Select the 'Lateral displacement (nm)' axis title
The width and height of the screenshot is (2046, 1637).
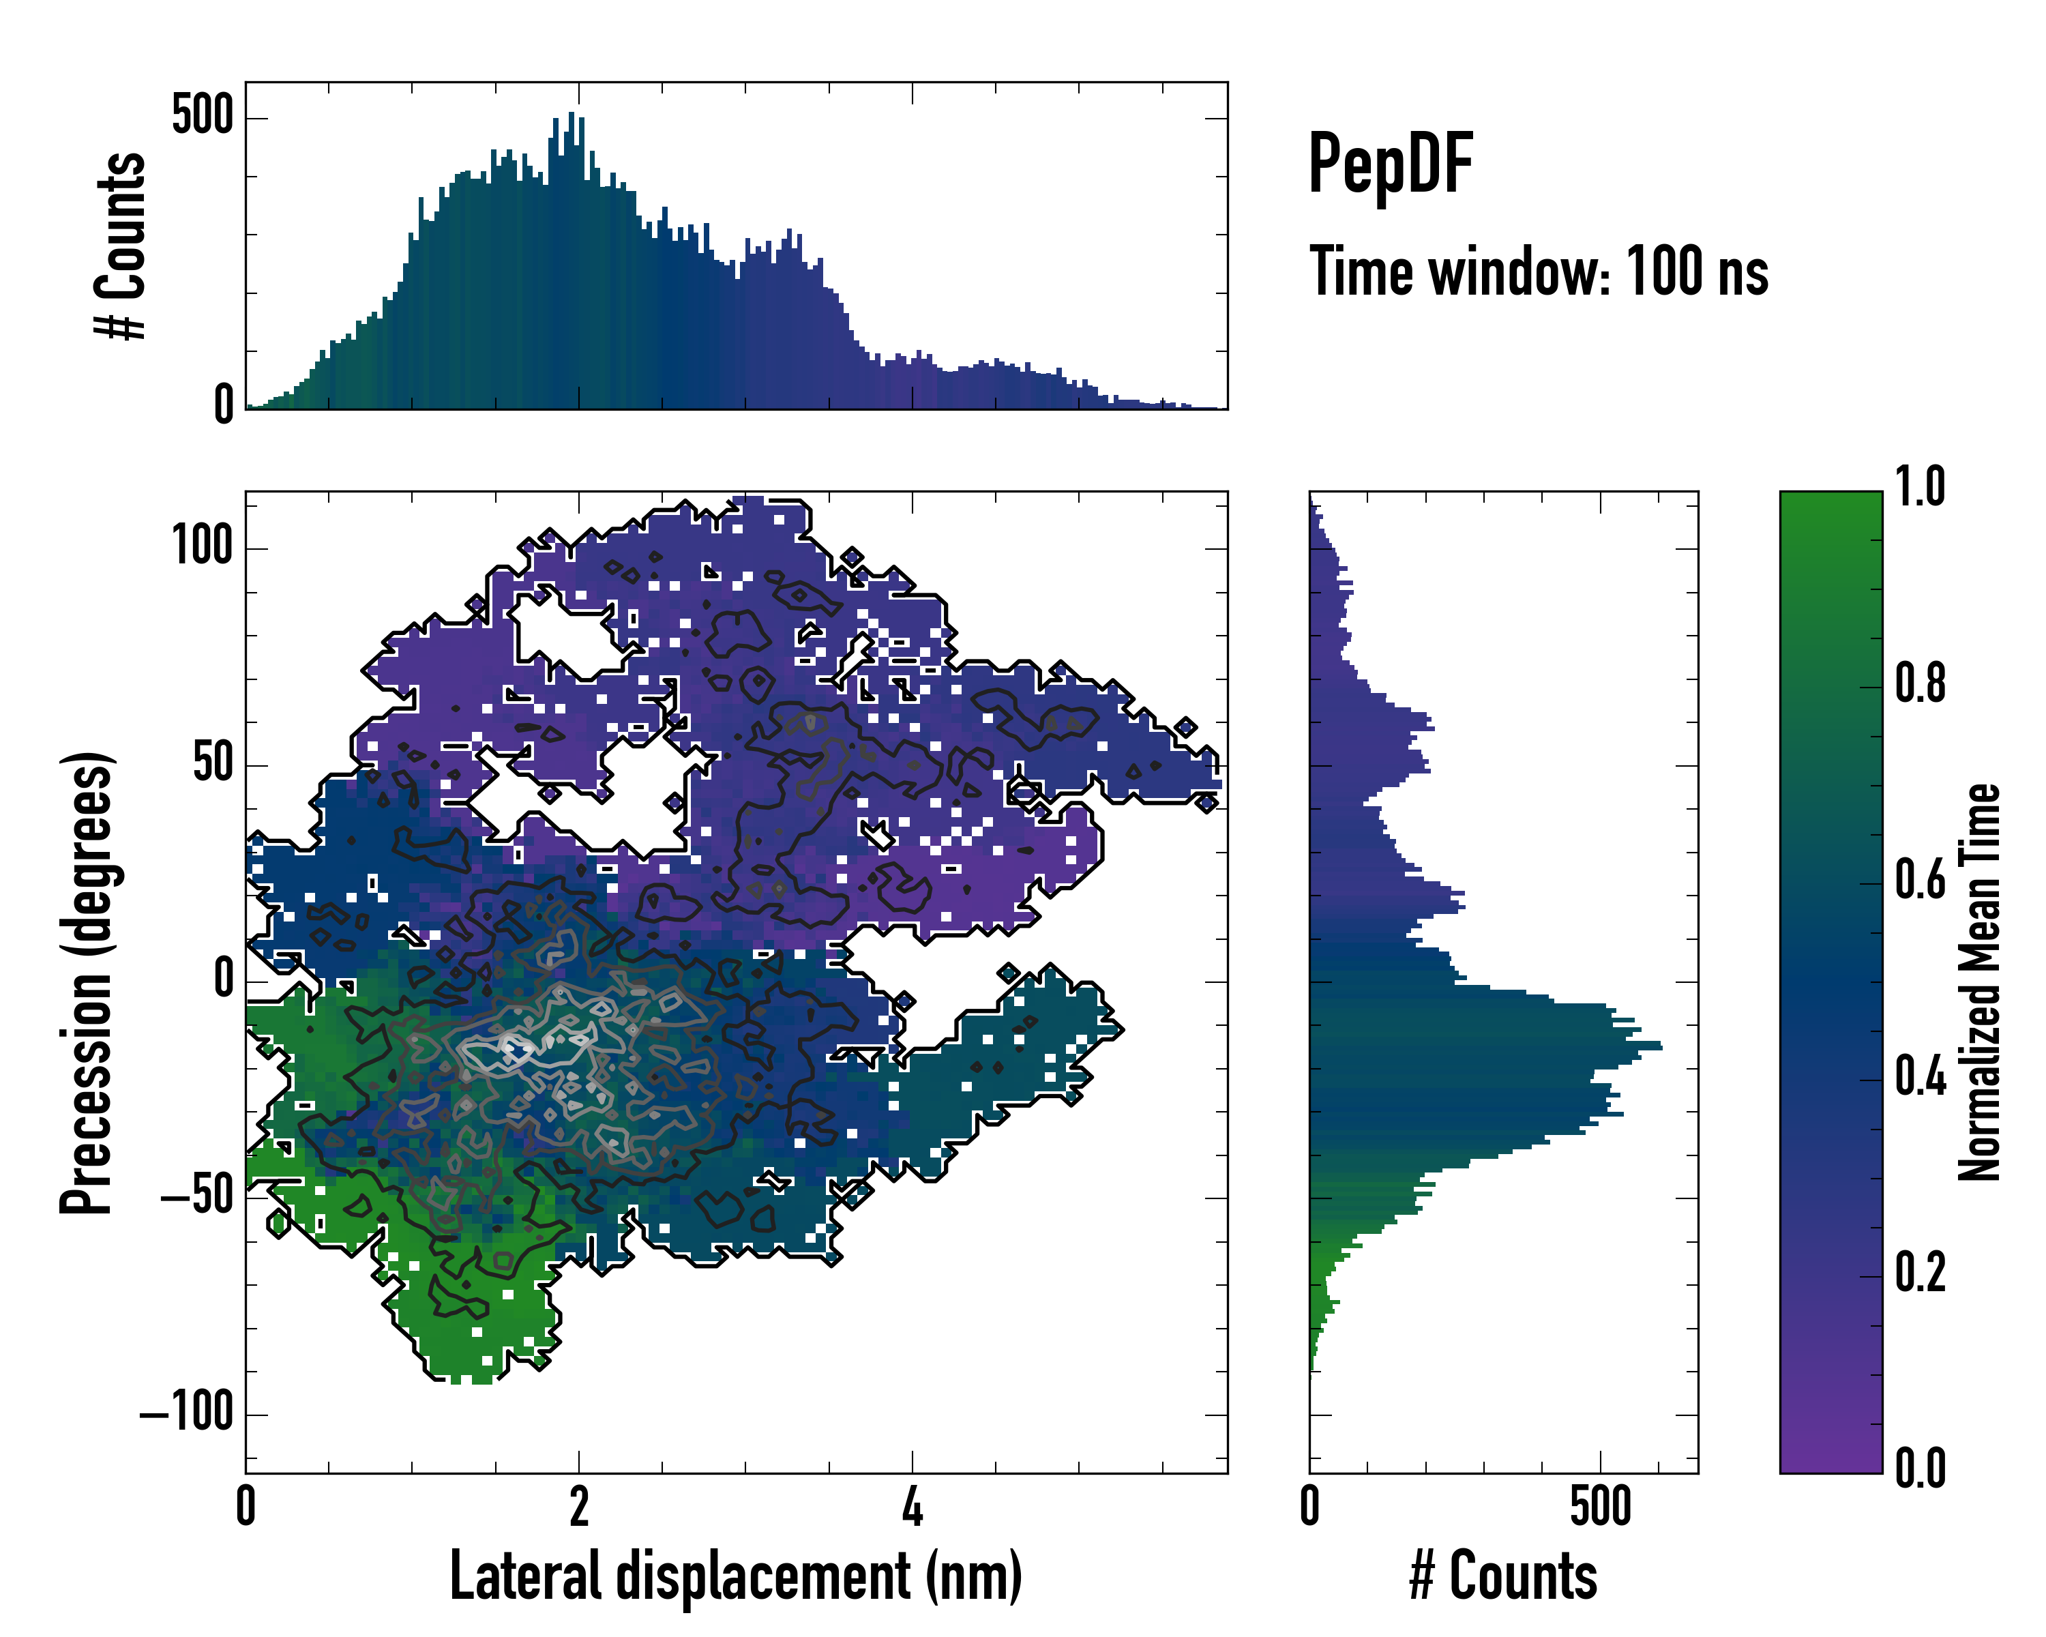[735, 1576]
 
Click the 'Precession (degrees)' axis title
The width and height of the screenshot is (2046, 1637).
[87, 982]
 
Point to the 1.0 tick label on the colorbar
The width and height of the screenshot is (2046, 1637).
[1920, 487]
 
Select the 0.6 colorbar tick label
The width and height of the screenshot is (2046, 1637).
[1920, 880]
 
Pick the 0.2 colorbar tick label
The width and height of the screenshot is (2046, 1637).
[1920, 1273]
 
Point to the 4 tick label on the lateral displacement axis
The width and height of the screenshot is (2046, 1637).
[912, 1507]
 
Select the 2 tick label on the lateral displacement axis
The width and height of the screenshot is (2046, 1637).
[579, 1507]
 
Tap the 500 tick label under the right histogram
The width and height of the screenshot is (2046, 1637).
[1600, 1507]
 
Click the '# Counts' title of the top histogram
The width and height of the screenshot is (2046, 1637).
[121, 245]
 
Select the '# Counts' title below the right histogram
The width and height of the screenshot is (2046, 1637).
[1503, 1576]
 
